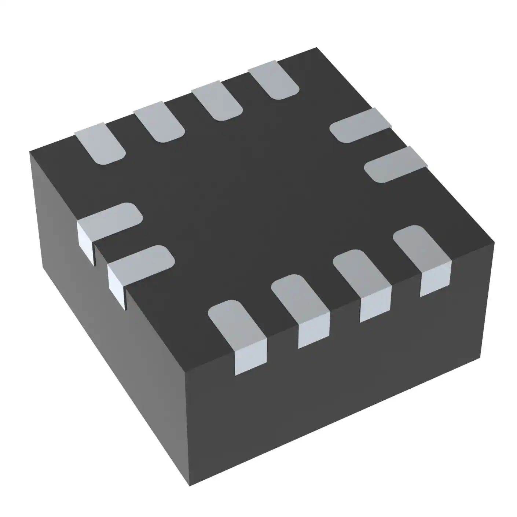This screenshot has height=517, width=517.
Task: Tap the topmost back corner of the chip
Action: pos(316,48)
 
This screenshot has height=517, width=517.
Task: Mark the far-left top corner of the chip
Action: pos(30,151)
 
